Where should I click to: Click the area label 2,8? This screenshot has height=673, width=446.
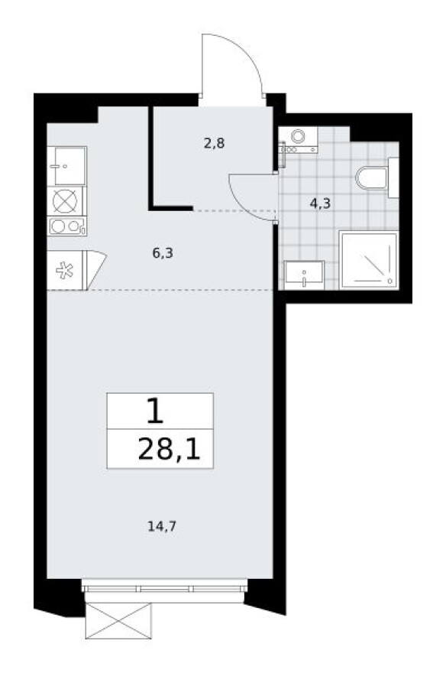(x=214, y=142)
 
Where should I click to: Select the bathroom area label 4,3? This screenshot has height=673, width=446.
(x=319, y=203)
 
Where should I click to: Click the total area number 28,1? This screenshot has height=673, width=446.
(x=169, y=450)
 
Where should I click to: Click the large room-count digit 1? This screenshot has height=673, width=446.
(x=154, y=412)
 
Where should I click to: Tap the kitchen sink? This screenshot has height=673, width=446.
(x=67, y=165)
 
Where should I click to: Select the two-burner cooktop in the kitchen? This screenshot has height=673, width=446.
(x=67, y=226)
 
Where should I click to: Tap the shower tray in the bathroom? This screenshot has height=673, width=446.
(x=369, y=260)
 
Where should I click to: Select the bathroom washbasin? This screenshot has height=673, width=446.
(x=304, y=273)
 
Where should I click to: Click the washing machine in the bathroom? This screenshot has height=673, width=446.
(x=297, y=138)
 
